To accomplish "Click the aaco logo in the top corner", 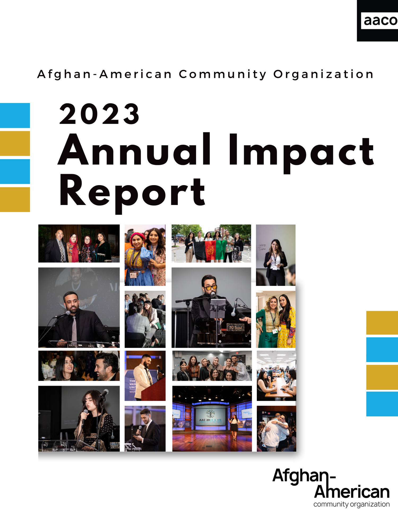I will pos(379,21).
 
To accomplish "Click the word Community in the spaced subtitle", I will pos(222,74).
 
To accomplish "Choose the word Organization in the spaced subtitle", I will pos(323,74).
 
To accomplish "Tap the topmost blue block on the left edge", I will pos(15,115).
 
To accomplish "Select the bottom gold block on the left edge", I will pos(15,199).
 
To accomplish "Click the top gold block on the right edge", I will pos(382,322).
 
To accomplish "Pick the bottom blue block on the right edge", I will pos(382,404).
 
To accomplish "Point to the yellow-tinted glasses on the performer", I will pos(210,287).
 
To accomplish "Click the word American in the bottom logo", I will pos(352,492).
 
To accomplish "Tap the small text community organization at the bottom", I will pos(351,504).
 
